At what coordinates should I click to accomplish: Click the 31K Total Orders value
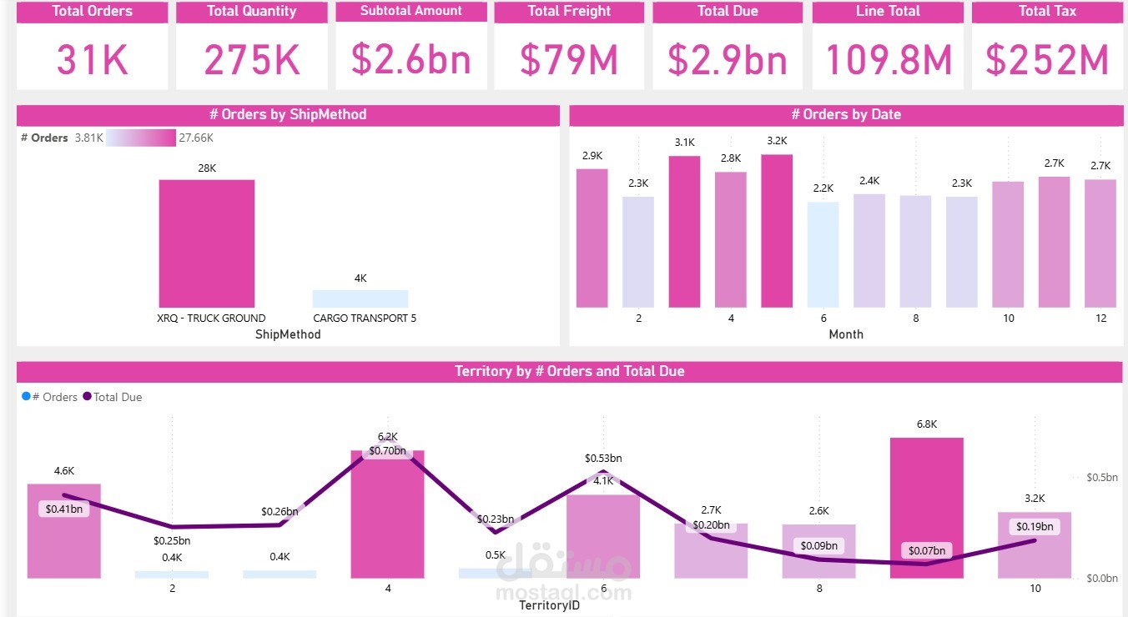tap(92, 59)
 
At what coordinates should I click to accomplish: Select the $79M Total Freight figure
tap(568, 59)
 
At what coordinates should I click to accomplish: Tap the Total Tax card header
tap(1046, 12)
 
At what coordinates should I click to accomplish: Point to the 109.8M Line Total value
tap(888, 59)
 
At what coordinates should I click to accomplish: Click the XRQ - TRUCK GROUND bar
tap(207, 243)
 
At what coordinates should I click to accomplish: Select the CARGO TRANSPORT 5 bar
tap(360, 298)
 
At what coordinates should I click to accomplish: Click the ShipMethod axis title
tap(288, 334)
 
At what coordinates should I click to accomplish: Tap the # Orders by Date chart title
tap(845, 115)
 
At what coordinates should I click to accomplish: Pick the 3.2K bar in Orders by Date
tap(777, 231)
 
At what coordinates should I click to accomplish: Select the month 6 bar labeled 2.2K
tap(823, 254)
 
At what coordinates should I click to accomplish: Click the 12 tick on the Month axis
tap(1100, 319)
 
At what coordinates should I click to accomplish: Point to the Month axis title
tap(845, 334)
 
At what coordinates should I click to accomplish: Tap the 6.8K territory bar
tap(926, 508)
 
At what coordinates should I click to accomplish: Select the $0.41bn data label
tap(63, 509)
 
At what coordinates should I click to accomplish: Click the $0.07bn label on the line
tap(927, 550)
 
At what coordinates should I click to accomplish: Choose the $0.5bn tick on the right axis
tap(1101, 478)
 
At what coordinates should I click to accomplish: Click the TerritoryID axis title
tap(549, 605)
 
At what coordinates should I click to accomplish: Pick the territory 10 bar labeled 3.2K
tap(1035, 550)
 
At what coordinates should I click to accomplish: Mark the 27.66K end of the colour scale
tap(196, 138)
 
